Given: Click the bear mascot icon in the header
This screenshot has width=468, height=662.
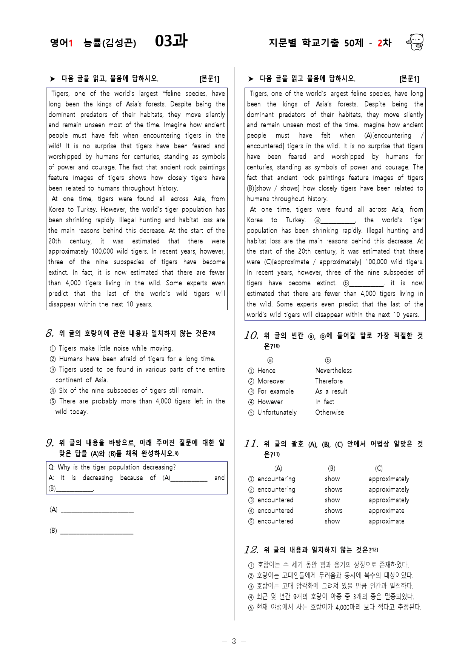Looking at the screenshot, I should pos(415,42).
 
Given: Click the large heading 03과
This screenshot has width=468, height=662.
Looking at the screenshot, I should pos(171,41).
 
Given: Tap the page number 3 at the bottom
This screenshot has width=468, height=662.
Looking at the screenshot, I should pos(234,641).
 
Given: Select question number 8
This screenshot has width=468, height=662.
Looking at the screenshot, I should pos(50,333).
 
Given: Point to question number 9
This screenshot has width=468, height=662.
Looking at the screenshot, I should pos(50,443).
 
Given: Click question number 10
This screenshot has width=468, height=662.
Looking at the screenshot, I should pos(251,335).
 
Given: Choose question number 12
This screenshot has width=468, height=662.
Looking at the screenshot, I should pos(251,550).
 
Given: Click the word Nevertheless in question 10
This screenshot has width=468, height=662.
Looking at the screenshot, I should pos(333,371).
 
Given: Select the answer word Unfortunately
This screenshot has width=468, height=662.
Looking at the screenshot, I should pos(277,413).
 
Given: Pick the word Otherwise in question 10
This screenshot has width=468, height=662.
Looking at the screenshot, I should pos(329,413).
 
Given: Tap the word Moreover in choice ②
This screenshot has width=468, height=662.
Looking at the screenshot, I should pos(271,381).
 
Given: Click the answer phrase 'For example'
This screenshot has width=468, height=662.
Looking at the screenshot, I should pos(276,391).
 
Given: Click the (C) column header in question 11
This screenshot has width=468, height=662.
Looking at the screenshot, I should pos(379,468).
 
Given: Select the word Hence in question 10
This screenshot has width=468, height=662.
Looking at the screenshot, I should pos(266,371).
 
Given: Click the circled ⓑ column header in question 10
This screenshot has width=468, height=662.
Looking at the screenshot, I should pos(328,360).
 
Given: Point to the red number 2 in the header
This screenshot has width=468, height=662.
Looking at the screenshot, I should pos(380,43).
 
